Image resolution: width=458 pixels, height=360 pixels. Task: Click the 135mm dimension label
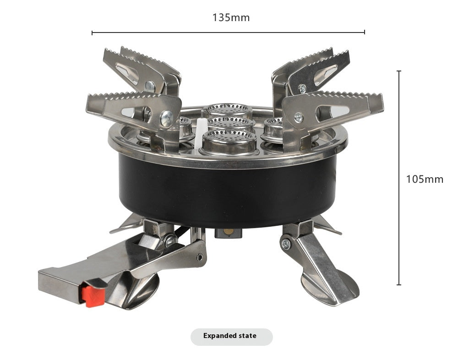coord(231,18)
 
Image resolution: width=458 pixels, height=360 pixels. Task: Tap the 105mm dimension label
coord(425,179)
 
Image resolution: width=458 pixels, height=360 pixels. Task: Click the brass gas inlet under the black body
coord(228,233)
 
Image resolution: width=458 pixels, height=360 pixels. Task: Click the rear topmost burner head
coord(228,110)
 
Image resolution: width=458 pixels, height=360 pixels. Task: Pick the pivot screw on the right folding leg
coord(286,243)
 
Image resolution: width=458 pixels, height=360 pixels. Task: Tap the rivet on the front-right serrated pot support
coord(299,117)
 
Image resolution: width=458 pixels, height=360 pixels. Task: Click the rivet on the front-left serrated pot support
coord(167,117)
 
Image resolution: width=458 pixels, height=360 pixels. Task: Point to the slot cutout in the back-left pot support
coord(126,71)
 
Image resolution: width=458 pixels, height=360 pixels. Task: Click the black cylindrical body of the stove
coord(228,192)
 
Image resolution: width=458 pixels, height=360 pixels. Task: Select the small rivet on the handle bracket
coord(200,257)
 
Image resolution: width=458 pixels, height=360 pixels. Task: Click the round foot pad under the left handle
coord(137,293)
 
